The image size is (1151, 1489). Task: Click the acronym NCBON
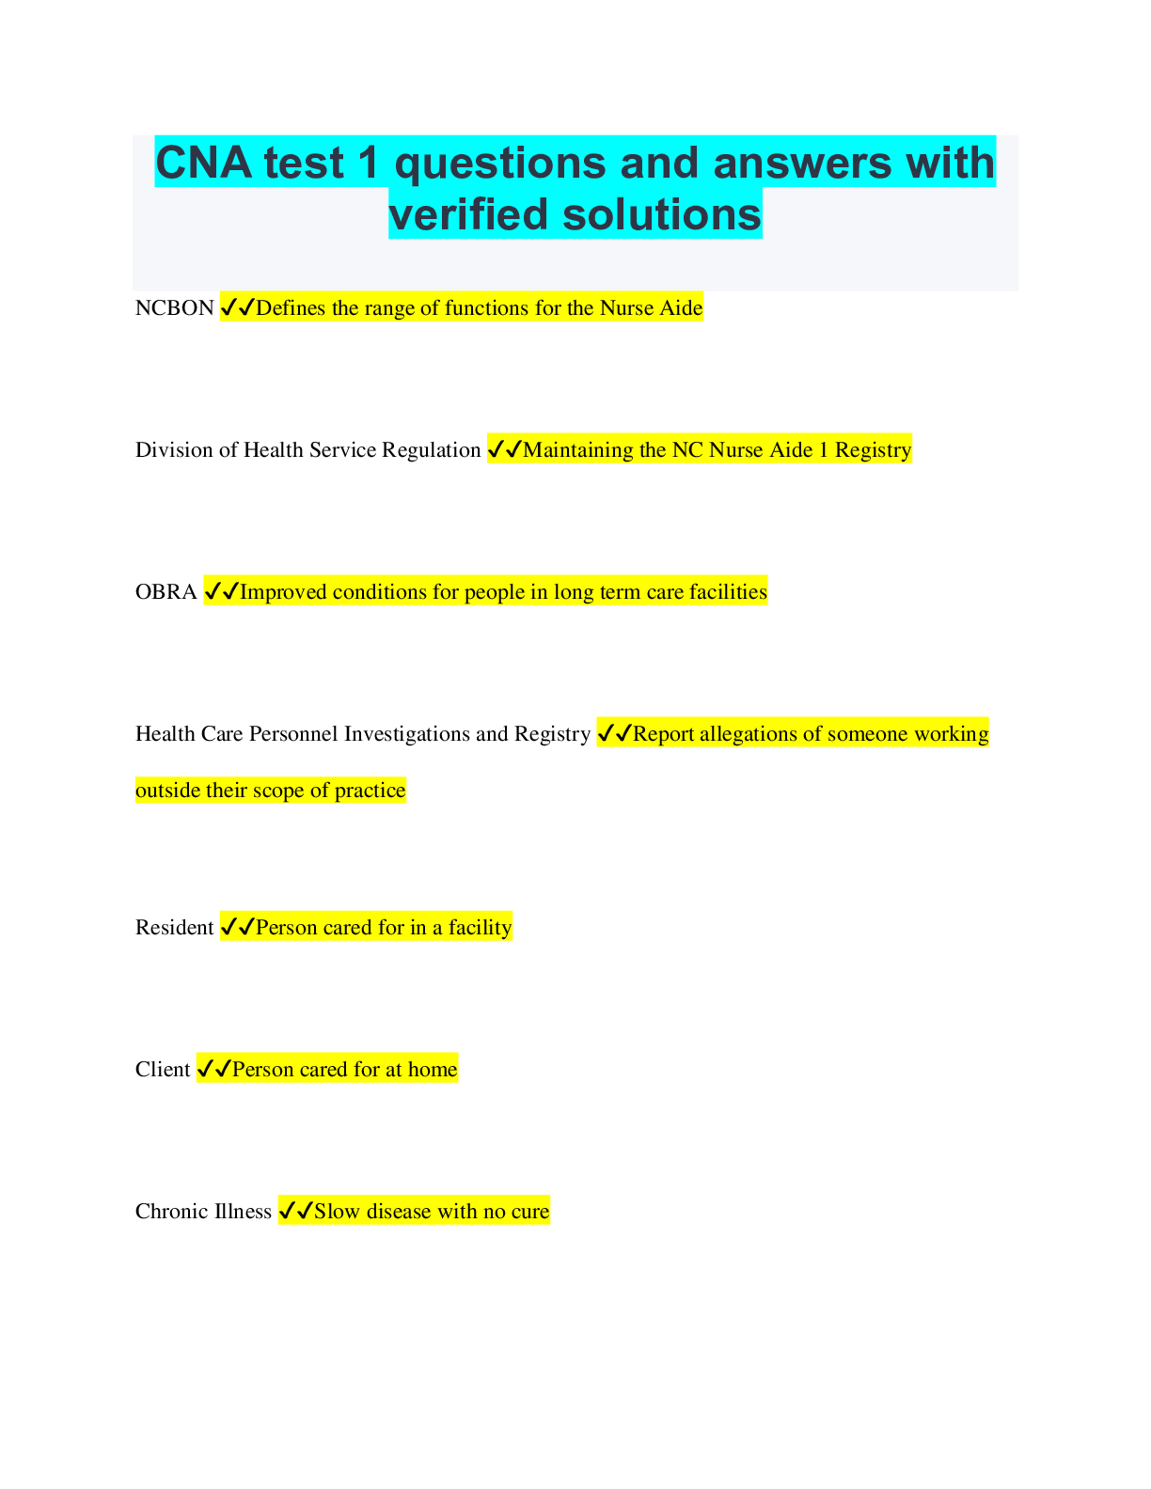pos(175,308)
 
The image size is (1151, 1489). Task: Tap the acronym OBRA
pos(166,592)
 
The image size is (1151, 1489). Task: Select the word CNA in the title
pos(204,163)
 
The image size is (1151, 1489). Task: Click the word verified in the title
pos(468,214)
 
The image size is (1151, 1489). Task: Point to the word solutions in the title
pos(661,214)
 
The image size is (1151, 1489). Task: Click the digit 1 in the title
pos(368,163)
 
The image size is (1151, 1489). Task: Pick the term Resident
pos(174,928)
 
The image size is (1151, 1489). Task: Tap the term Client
pos(163,1070)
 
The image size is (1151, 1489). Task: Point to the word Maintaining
pos(578,450)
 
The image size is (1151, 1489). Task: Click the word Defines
pos(291,308)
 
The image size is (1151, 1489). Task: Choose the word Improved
pos(283,593)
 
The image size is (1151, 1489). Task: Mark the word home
pos(433,1070)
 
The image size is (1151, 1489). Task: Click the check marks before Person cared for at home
pos(213,1069)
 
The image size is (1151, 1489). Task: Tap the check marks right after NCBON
pos(237,307)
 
